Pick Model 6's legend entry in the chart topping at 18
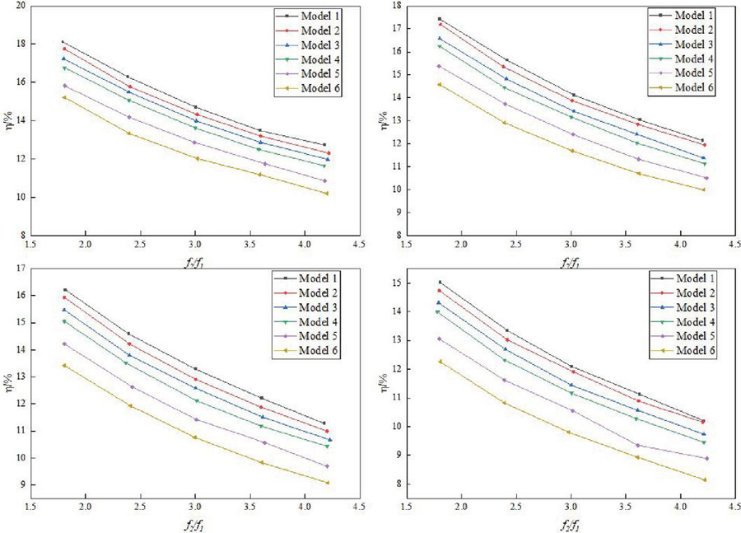(x=692, y=87)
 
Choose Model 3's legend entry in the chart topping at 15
(x=692, y=307)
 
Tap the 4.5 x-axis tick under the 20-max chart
(x=359, y=245)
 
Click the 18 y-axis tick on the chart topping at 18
(x=394, y=6)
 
